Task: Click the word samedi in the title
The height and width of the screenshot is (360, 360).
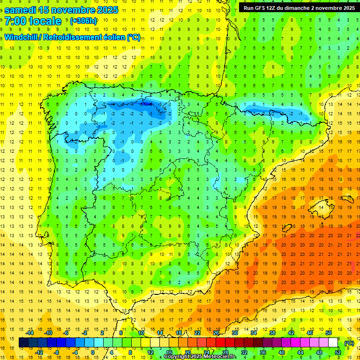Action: tap(21, 10)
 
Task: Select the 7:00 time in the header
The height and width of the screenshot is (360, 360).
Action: tap(15, 21)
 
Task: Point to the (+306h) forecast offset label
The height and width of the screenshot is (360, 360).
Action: tap(83, 21)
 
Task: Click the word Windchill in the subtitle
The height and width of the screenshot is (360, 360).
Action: tap(21, 37)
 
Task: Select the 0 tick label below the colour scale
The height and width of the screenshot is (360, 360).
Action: tap(92, 352)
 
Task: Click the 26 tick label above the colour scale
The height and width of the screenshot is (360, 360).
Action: tap(216, 333)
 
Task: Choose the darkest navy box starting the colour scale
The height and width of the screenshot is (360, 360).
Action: tap(23, 343)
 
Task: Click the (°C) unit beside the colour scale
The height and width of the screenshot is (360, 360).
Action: tap(349, 343)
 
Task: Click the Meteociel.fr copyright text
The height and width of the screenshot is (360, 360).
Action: tap(200, 357)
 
